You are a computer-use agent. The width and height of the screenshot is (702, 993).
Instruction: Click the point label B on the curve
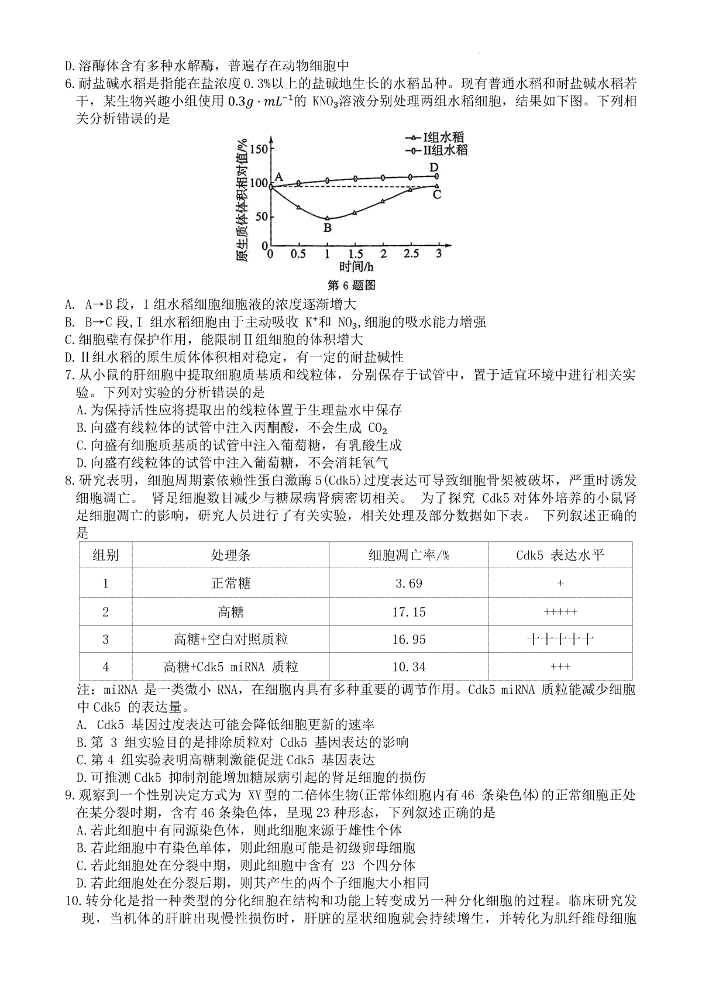coord(328,228)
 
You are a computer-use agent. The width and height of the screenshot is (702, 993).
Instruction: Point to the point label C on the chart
coord(436,194)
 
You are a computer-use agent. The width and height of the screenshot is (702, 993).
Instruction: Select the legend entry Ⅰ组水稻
coord(443,137)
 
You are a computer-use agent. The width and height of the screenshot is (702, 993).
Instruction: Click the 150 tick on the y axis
coord(257,149)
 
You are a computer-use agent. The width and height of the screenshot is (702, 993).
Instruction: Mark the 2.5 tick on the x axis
coord(411,254)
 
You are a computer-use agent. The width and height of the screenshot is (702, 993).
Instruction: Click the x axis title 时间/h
coord(356,268)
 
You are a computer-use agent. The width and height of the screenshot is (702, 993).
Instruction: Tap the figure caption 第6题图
coord(351,286)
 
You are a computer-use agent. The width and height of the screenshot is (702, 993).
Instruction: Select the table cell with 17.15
coord(409,612)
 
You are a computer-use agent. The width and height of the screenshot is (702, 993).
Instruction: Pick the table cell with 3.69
coord(409,583)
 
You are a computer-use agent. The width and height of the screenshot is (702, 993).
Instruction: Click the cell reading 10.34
coord(409,667)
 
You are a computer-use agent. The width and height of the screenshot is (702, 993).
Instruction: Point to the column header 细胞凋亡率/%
coord(409,555)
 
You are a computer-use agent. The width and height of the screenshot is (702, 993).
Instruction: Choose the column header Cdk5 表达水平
coord(560,555)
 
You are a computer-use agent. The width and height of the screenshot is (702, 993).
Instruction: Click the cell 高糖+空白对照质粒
coord(231,640)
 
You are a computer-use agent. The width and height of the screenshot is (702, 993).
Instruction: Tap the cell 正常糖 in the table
coord(231,583)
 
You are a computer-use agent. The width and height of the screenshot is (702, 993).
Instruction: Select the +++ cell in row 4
coord(560,667)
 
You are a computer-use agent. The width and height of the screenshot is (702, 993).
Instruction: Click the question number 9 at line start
coord(69,795)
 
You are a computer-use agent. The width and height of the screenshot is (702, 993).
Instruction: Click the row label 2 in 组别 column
coord(106,612)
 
